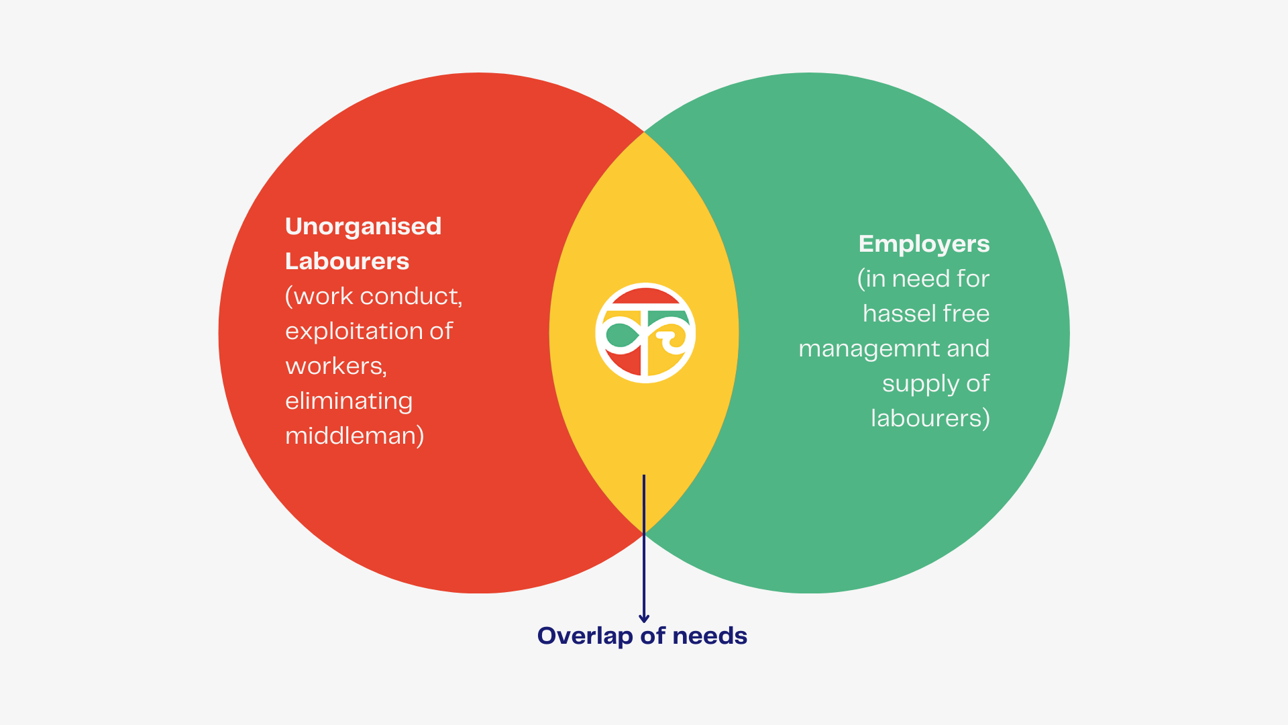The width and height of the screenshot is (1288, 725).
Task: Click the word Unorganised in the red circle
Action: (x=363, y=227)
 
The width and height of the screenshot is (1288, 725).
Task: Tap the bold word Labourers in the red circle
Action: (x=347, y=262)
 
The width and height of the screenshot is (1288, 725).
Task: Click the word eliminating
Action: (x=348, y=401)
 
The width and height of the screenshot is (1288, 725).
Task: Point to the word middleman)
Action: (x=354, y=436)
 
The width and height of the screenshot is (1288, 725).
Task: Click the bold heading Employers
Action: (x=924, y=244)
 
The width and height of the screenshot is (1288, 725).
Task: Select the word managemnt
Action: (x=869, y=349)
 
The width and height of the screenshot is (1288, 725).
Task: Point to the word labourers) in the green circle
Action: (x=930, y=419)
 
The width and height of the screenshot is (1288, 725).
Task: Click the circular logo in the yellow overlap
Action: (x=645, y=333)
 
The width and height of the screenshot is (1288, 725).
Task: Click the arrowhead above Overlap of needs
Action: (x=644, y=618)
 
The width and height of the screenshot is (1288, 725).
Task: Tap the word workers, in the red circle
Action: (x=336, y=367)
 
